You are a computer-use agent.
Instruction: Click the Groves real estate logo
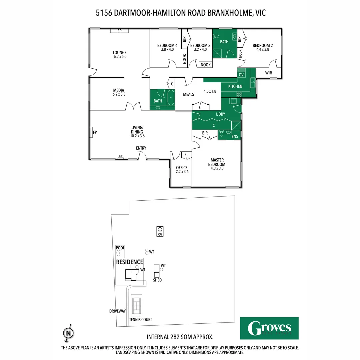[269, 328]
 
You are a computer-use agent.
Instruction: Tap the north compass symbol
[68, 333]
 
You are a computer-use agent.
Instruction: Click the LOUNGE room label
[120, 52]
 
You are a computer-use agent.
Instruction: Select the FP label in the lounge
[119, 31]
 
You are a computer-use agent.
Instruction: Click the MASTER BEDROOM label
[217, 162]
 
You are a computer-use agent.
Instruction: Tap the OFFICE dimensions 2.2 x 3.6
[182, 172]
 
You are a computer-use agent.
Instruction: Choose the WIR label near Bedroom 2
[269, 73]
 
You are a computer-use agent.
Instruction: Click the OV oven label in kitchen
[241, 75]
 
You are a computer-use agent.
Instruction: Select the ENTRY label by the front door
[141, 148]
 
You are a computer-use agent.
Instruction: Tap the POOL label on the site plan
[120, 248]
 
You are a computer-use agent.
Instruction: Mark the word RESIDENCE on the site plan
[130, 262]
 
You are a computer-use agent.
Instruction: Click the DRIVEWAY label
[117, 311]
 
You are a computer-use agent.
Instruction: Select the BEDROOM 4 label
[167, 45]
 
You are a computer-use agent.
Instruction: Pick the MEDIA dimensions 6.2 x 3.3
[119, 94]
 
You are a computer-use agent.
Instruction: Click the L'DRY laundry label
[220, 114]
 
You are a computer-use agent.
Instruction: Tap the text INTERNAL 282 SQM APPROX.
[180, 337]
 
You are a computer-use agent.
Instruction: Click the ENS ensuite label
[235, 137]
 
